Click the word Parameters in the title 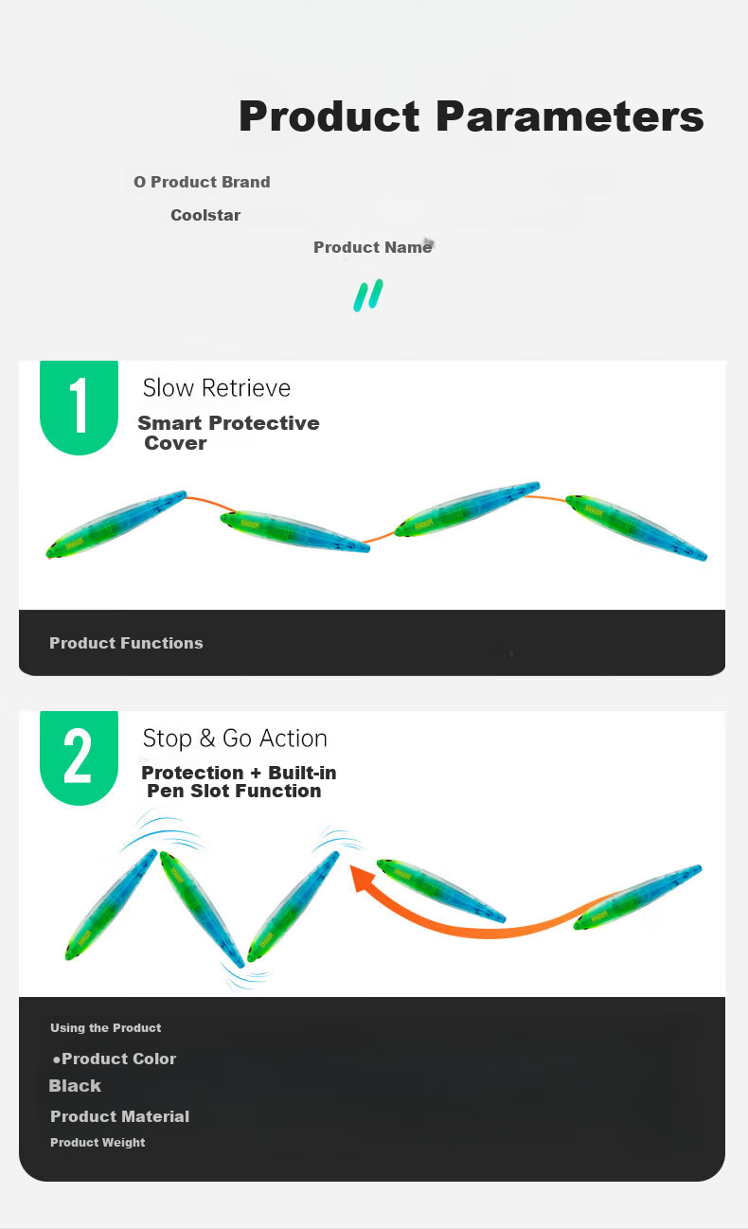[x=570, y=116]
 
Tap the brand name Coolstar [x=205, y=215]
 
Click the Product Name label [x=373, y=247]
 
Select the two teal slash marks [x=368, y=295]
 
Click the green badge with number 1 [x=79, y=407]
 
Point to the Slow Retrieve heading [x=216, y=388]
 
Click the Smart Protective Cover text [x=228, y=433]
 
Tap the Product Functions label [x=126, y=643]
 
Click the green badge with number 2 [x=79, y=757]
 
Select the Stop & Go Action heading [x=235, y=739]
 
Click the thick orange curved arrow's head [x=363, y=878]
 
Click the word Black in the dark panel [x=75, y=1086]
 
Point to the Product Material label [x=119, y=1116]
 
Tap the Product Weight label [x=98, y=1142]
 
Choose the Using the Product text [x=106, y=1027]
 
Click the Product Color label [x=115, y=1059]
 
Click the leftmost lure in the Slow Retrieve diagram [x=116, y=524]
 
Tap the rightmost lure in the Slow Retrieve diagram [x=636, y=527]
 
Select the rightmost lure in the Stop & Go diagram [x=637, y=898]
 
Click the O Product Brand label [x=202, y=182]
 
